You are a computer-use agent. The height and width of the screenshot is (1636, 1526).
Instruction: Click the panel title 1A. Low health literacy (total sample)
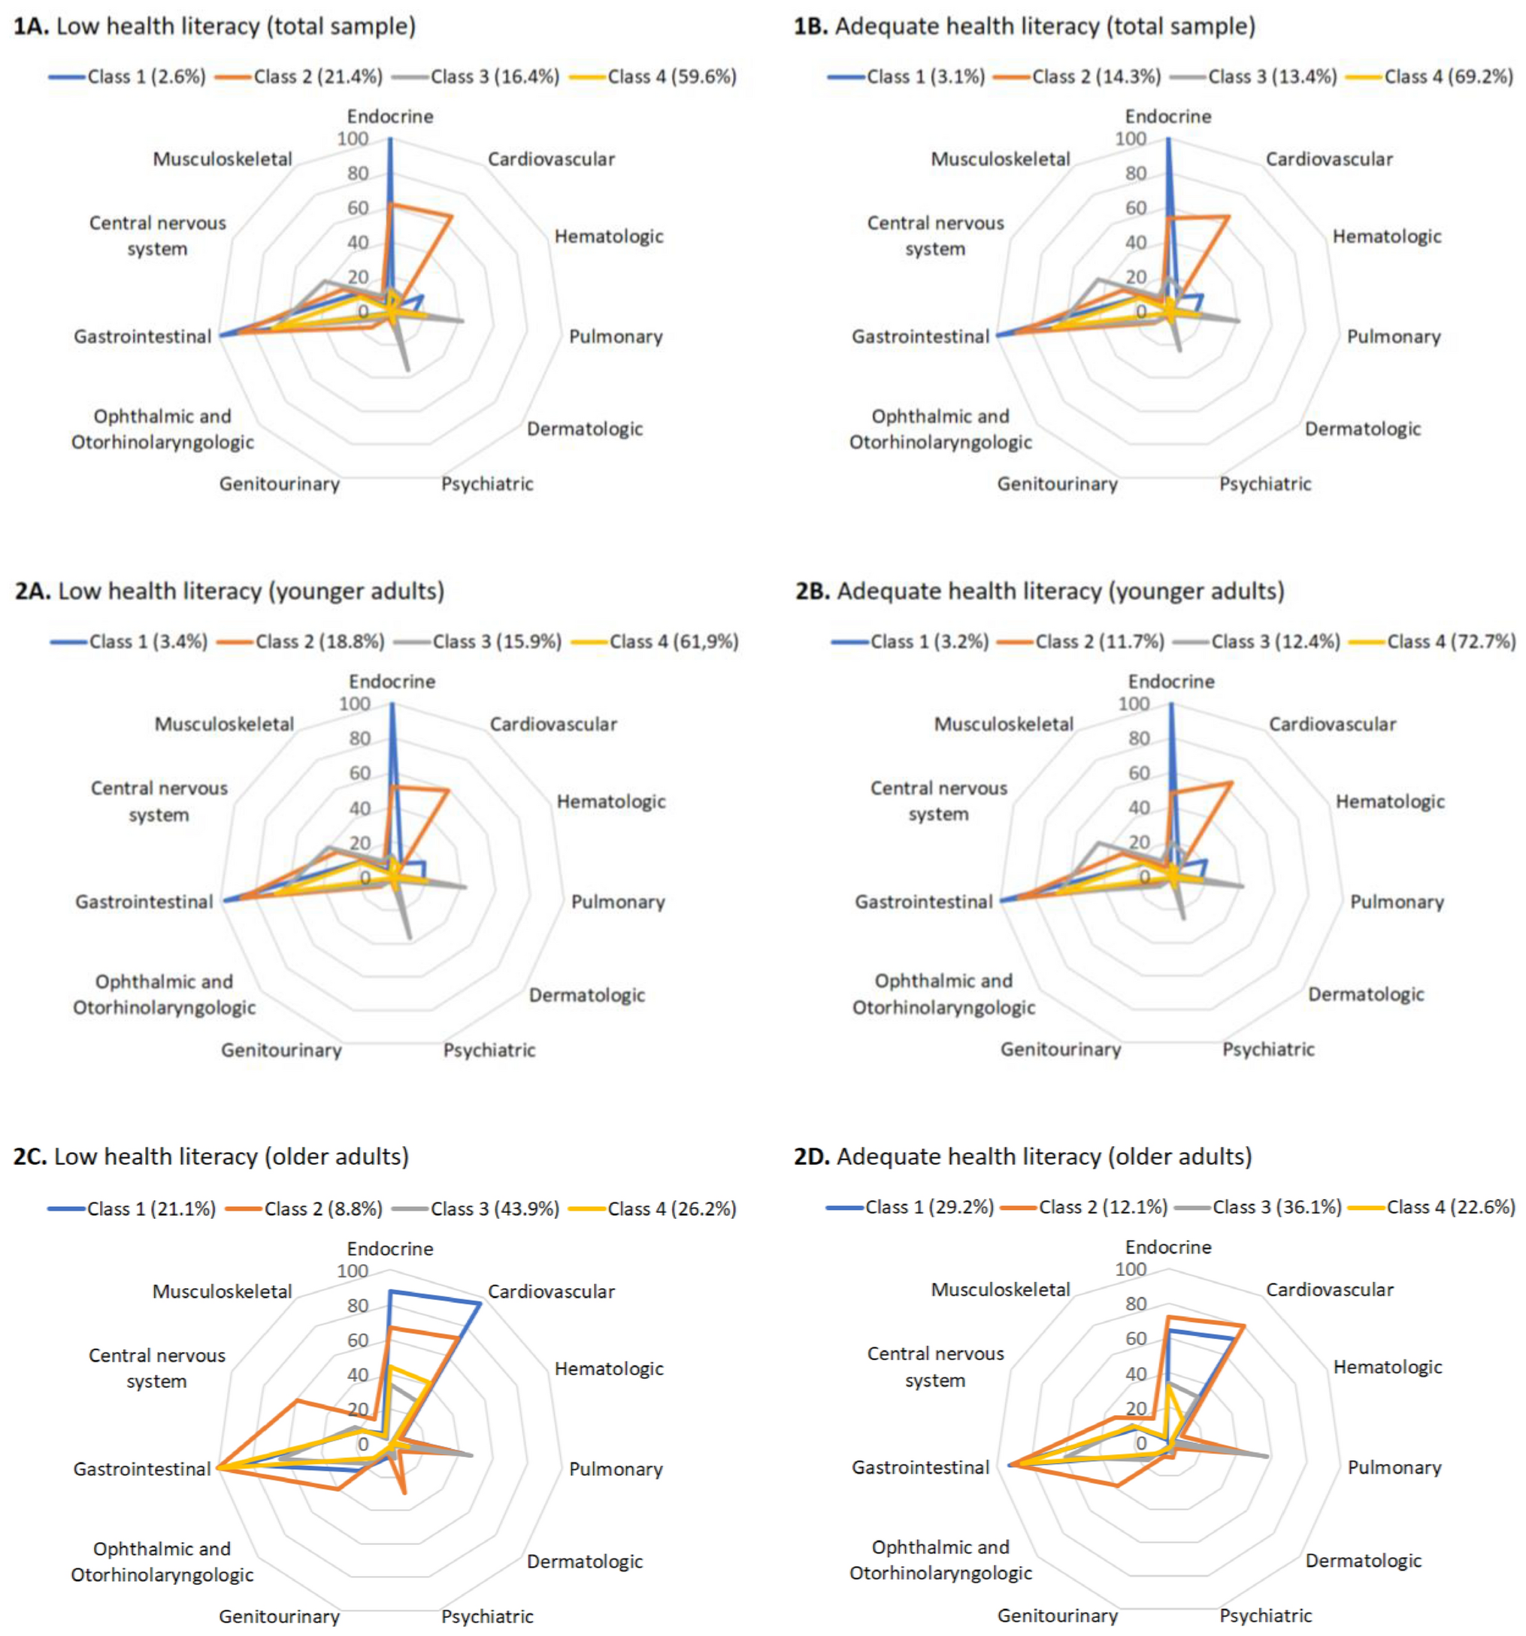214,26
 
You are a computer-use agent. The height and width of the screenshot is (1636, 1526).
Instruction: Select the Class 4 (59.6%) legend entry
671,77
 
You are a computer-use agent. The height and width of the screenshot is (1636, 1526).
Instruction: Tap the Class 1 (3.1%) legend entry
925,77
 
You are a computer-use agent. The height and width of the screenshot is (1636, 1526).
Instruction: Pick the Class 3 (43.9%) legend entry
494,1209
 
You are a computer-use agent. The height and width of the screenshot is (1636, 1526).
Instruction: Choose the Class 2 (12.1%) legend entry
1102,1207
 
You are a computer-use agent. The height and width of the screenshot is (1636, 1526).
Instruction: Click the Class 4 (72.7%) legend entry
1450,642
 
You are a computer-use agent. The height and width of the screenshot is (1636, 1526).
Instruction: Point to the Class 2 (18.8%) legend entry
319,642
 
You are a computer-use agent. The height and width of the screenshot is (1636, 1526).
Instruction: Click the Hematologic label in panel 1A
608,237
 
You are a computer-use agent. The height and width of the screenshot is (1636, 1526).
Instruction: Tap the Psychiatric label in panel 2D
1265,1616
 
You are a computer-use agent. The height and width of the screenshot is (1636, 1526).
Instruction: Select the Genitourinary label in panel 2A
280,1050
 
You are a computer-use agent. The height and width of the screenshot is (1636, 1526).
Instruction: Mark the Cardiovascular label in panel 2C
551,1292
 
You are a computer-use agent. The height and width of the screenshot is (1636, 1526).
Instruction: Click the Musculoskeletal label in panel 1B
1000,159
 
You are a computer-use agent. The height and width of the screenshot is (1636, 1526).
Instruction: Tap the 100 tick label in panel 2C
353,1272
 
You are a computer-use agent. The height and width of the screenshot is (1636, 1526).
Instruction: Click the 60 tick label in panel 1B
1136,208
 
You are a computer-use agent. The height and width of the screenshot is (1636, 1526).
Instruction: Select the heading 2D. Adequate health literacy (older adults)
1022,1157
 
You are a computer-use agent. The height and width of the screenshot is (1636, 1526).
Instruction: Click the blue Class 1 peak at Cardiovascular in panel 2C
480,1304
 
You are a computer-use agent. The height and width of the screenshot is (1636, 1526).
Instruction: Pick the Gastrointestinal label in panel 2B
924,902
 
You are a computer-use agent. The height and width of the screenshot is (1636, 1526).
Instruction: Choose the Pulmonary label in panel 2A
617,902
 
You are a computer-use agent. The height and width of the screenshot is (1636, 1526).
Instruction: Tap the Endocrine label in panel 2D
1168,1247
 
